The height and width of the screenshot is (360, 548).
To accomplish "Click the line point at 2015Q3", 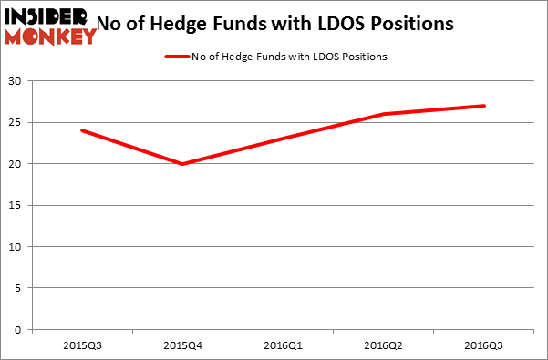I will (82, 130).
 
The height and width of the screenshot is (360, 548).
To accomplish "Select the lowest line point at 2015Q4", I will (182, 164).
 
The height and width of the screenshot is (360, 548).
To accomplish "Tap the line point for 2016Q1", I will (283, 139).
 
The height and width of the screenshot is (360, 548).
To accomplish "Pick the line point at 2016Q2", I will (383, 114).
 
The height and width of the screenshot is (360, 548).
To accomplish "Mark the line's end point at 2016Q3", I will (484, 106).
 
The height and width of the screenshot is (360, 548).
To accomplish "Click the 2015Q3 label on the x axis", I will (82, 345).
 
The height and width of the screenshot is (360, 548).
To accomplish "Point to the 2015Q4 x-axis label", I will (182, 345).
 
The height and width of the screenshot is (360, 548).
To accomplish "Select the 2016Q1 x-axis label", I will (283, 345).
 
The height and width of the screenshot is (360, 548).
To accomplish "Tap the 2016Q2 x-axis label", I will (383, 345).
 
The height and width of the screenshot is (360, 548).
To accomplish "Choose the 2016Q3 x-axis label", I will (483, 345).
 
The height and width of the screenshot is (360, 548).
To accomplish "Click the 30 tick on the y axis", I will (17, 81).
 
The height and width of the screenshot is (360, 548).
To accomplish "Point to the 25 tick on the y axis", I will (17, 122).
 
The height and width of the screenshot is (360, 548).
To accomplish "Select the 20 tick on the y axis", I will (17, 164).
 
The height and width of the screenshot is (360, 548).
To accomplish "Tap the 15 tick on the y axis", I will (17, 205).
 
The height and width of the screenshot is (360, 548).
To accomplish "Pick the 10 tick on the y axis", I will (17, 246).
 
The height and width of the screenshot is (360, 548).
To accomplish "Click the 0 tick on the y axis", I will (20, 329).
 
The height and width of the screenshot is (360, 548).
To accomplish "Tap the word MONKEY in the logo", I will (50, 36).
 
